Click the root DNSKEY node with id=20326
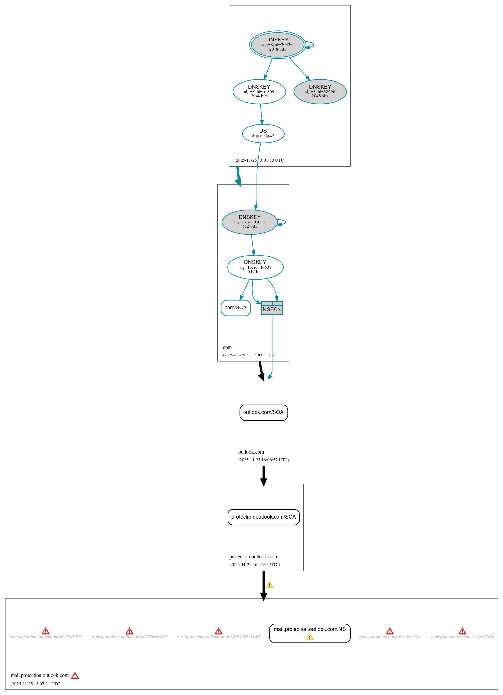pos(277,45)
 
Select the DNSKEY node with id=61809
pos(259,91)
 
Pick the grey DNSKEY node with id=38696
pos(320,91)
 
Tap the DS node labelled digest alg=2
pos(263,133)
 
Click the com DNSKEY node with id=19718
pos(249,222)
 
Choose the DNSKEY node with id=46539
pos(255,267)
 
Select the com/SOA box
pos(236,308)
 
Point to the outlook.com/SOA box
pos(263,412)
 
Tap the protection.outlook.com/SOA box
pos(263,517)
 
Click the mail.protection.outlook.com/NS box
pos(309,633)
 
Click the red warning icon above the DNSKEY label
pos(46,631)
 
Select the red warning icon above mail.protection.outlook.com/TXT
pos(390,631)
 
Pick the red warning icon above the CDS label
pos(462,631)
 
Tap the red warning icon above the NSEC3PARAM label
pos(219,631)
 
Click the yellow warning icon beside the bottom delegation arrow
pos(269,585)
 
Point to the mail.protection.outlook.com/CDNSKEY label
pos(129,637)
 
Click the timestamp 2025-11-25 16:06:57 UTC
pos(263,460)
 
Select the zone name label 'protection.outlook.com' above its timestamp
pos(253,556)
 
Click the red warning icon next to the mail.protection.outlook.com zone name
pos(75,676)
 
